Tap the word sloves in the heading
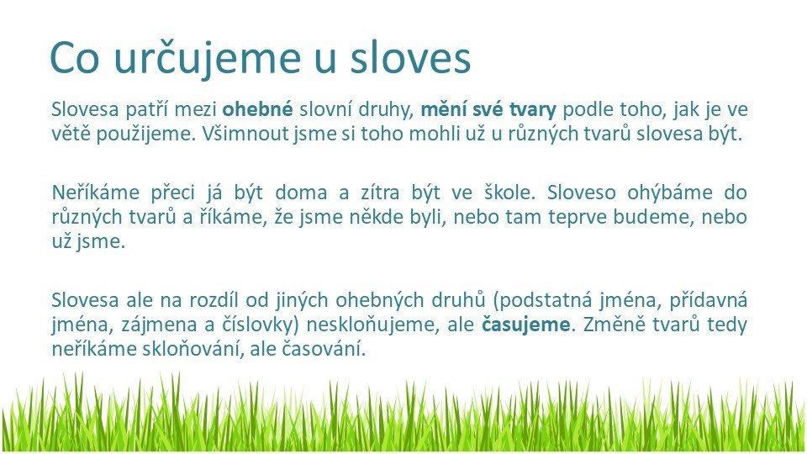point(411,57)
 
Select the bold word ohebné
point(258,109)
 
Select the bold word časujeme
point(525,325)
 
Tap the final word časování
point(324,349)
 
